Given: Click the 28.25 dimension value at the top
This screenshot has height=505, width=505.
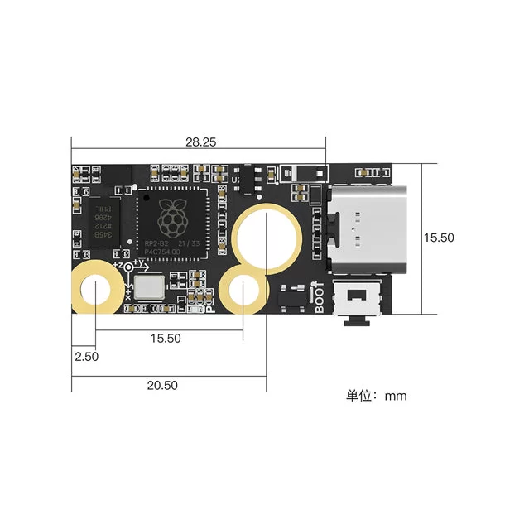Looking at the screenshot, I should point(200,142).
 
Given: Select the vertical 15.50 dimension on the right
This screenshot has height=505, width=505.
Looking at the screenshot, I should point(439,237).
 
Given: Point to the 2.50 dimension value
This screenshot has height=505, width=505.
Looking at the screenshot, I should point(86,357).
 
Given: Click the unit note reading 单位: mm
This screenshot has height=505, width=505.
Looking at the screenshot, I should point(376,396).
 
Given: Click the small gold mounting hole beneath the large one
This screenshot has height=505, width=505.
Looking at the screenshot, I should point(243,291).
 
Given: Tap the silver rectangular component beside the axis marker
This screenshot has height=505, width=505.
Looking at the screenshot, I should point(151,287).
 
